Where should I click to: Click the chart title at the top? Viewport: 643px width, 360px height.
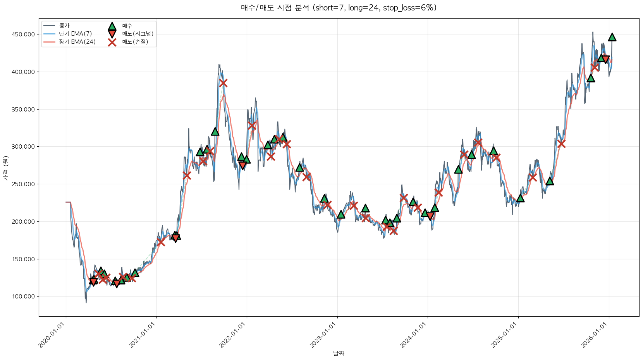point(339,8)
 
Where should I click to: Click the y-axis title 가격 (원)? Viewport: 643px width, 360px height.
point(5,168)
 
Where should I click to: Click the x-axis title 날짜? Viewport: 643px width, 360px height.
point(339,353)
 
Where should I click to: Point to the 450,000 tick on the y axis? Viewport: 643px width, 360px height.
point(23,34)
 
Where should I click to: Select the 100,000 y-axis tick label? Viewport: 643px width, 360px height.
point(23,297)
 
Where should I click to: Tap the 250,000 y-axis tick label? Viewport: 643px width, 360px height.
point(23,184)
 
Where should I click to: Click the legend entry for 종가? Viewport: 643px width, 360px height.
point(64,26)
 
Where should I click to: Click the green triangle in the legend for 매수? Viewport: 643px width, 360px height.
point(112,26)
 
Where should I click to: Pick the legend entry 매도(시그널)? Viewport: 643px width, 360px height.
point(138,34)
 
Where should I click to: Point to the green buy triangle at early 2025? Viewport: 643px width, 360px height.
point(520,198)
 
